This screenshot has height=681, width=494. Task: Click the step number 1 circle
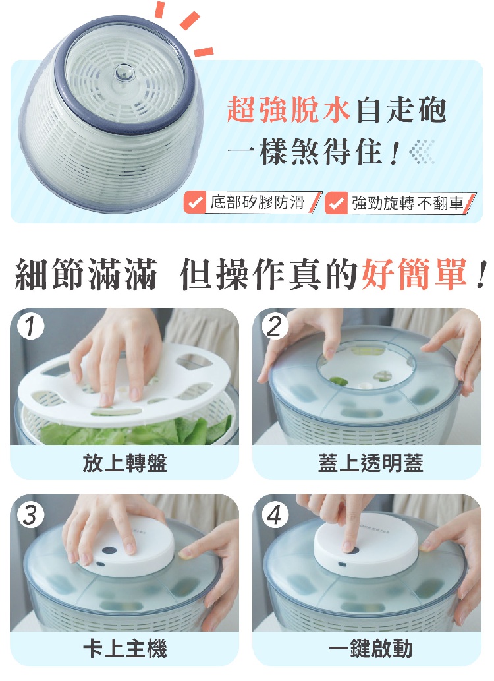(30, 326)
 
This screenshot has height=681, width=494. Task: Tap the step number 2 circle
(275, 326)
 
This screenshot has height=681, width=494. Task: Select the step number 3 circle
(30, 515)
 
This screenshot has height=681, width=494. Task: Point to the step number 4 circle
(275, 515)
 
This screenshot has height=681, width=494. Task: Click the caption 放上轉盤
(124, 463)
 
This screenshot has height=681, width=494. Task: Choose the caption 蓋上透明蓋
(370, 463)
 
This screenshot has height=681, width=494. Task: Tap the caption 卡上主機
(124, 649)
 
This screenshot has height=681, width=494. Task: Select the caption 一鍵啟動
(370, 649)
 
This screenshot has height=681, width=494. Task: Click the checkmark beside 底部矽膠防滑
(194, 202)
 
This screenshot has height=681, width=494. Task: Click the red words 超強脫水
(288, 109)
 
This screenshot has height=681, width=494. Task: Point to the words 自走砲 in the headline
(401, 109)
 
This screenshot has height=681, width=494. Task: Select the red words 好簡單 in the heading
(414, 274)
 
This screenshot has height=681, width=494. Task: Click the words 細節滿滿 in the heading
(86, 274)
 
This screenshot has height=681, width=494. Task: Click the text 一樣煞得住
(314, 152)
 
